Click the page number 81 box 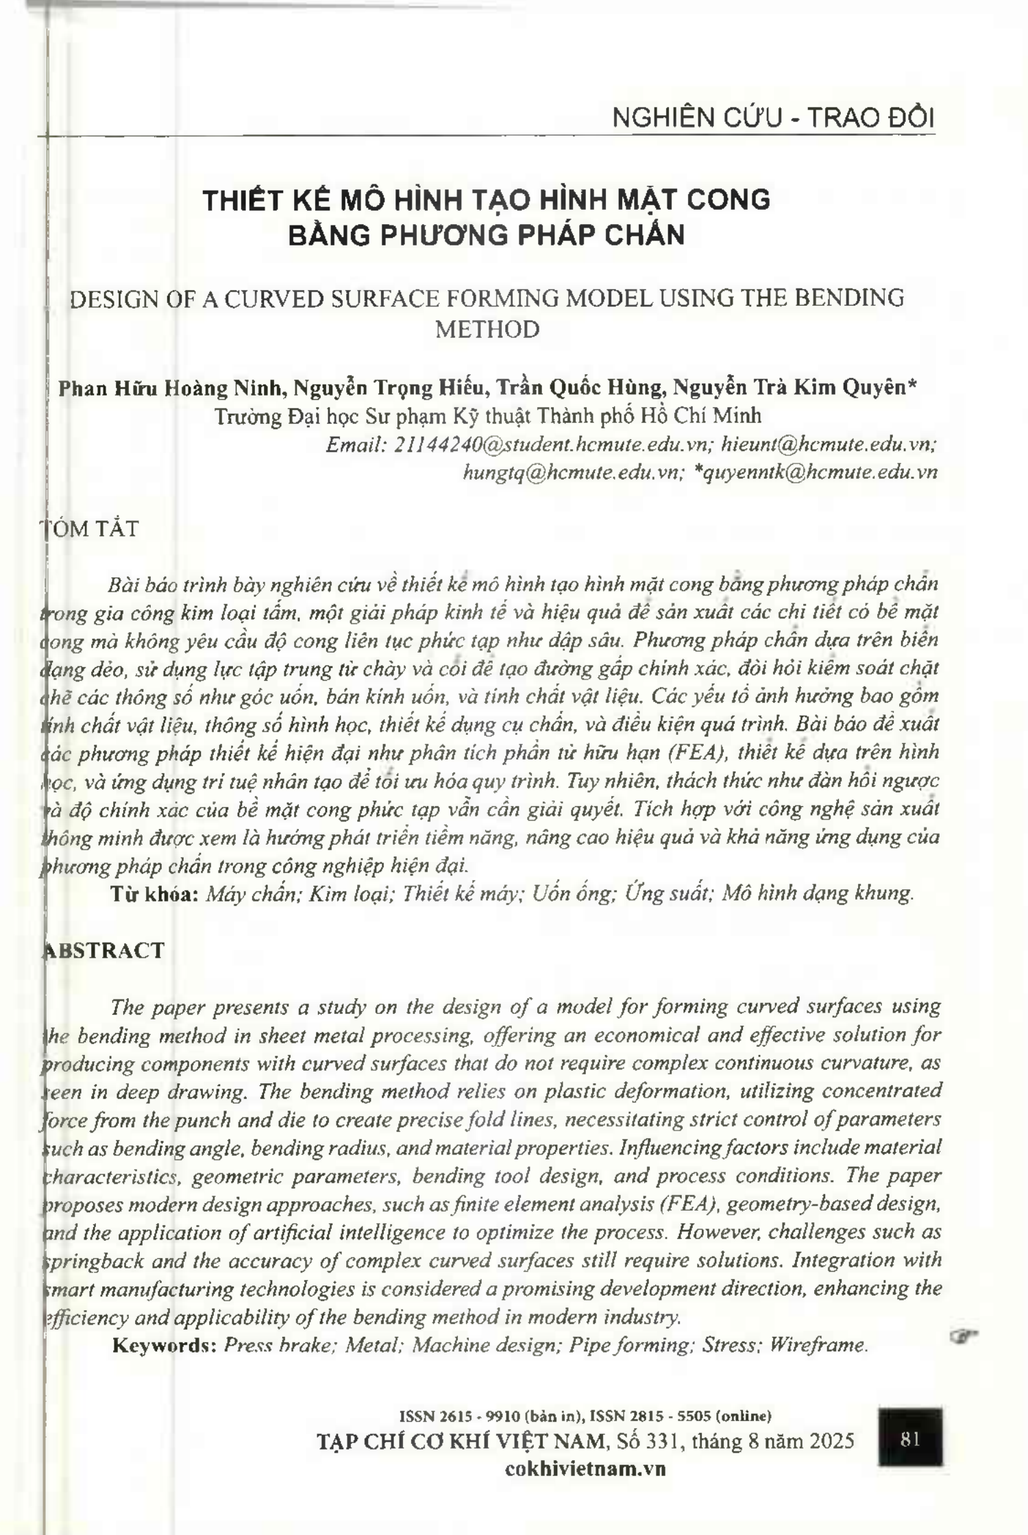point(910,1439)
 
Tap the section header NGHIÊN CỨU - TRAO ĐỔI point(772,119)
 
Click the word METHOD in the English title point(487,330)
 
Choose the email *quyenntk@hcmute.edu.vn point(816,473)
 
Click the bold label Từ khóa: point(155,894)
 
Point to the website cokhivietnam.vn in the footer point(585,1468)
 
